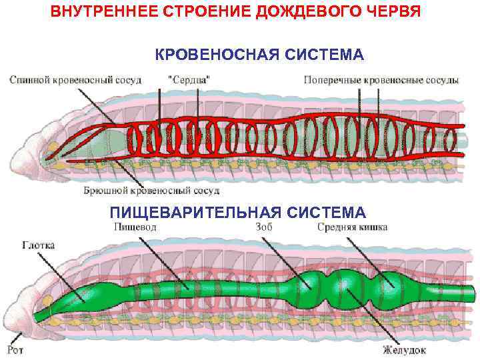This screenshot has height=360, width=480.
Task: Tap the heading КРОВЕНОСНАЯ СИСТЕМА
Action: coord(259,54)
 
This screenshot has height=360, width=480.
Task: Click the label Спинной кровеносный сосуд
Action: coord(75,79)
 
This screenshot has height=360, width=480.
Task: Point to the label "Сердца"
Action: coord(187,79)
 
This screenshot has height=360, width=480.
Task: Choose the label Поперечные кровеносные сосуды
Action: coord(381,79)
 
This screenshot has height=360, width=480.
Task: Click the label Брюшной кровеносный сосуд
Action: coord(151,191)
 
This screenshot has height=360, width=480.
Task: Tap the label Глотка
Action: coord(38,245)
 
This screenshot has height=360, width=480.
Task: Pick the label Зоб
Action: coord(263,227)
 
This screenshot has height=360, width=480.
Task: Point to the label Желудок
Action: coord(400,348)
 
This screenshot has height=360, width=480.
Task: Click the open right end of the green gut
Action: coord(471,293)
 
